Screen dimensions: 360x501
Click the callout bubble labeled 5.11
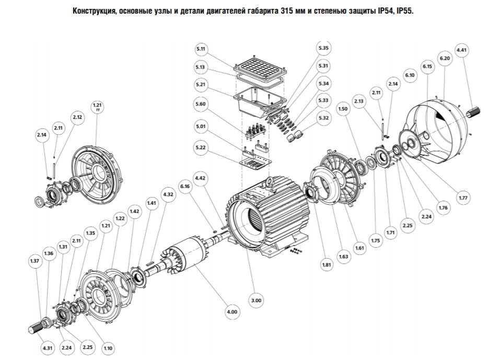tap(202, 49)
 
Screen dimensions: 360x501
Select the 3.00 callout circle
tap(257, 300)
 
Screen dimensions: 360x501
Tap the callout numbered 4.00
tap(232, 312)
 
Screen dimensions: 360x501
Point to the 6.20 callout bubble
tap(445, 59)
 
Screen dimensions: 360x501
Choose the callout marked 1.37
tap(34, 261)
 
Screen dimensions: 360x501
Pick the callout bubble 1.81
tap(327, 265)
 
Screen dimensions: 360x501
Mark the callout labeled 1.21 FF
tap(97, 107)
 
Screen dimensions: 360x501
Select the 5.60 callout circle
tap(202, 104)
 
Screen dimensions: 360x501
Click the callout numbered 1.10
tap(109, 348)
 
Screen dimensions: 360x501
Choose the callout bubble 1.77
tap(463, 198)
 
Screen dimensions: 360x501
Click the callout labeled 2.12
tap(77, 117)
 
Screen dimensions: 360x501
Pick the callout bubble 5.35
tap(323, 48)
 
